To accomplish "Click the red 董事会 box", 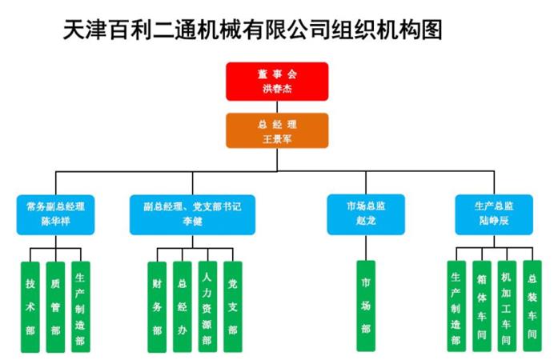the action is click(x=277, y=82).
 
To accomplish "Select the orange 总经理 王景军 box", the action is click(x=277, y=130).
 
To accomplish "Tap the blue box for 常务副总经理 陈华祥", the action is click(x=55, y=214).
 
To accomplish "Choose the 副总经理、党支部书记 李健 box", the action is click(x=192, y=214).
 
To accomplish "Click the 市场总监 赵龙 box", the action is click(x=366, y=214).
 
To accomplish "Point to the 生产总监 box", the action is click(x=494, y=214).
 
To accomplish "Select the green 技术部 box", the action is click(x=30, y=307).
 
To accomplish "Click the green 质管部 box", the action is click(x=55, y=307).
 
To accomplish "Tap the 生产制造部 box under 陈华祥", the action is click(x=80, y=307).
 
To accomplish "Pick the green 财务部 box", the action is click(x=157, y=307).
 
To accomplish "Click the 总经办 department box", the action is click(x=183, y=307).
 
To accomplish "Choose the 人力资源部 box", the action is click(x=207, y=307).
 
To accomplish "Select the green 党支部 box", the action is click(x=233, y=307).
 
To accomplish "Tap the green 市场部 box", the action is click(x=366, y=306).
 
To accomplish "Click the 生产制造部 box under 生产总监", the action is click(x=456, y=306).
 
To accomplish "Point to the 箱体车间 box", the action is click(x=482, y=306).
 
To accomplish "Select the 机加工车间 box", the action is click(x=507, y=306).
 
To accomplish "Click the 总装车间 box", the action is click(x=532, y=306).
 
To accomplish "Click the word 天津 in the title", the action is click(x=85, y=29).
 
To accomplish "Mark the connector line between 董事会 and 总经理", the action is click(x=277, y=106).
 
